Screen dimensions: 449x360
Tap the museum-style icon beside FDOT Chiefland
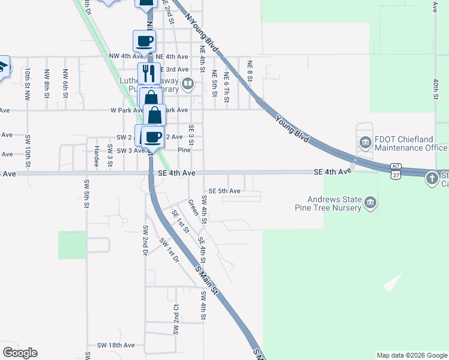365,143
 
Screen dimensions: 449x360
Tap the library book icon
187,83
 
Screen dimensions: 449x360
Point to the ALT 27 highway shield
395,169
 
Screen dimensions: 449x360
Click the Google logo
20,352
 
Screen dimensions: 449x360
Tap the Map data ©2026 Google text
412,355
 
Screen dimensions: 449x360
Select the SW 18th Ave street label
116,346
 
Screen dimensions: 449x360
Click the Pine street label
184,151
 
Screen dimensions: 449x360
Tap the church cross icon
432,178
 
